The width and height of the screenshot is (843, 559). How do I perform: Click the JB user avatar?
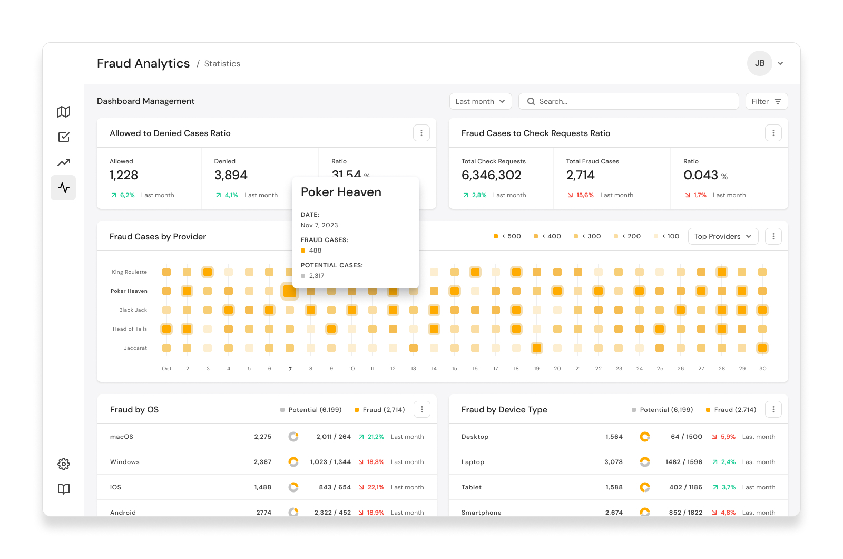click(759, 63)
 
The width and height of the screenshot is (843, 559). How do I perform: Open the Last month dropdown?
click(480, 101)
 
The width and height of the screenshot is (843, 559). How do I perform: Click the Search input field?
click(629, 101)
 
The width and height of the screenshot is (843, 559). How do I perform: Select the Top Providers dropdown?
click(723, 236)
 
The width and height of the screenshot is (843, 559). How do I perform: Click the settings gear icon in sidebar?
click(64, 464)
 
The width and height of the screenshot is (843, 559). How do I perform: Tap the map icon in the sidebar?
click(64, 111)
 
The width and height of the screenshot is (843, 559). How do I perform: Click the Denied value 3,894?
click(231, 175)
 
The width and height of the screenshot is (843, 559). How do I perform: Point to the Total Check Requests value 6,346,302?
click(491, 175)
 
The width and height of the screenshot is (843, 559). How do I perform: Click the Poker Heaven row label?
click(129, 291)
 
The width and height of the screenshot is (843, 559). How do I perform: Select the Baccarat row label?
click(135, 348)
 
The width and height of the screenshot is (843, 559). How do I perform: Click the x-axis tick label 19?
click(537, 369)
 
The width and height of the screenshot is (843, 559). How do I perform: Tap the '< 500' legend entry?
click(507, 236)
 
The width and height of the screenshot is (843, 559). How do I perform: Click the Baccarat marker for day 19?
click(537, 348)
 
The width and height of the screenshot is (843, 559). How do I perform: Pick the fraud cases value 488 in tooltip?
click(315, 250)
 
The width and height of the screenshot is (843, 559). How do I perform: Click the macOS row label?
click(122, 437)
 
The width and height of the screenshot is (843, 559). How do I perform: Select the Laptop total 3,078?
click(613, 462)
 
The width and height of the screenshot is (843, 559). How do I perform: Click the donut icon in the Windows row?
click(293, 462)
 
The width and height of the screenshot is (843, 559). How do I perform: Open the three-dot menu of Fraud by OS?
click(422, 409)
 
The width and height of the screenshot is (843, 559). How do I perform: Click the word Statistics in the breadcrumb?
click(222, 64)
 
